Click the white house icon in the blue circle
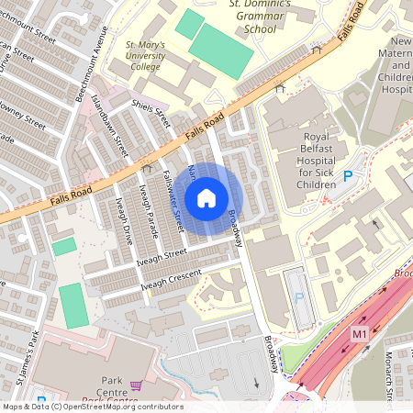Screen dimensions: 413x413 click(x=206, y=198)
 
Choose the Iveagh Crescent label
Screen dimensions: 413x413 click(x=171, y=281)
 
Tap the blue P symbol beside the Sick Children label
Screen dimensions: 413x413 click(x=348, y=175)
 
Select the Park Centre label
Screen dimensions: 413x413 click(x=111, y=385)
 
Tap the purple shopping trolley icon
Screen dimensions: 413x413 click(x=137, y=385)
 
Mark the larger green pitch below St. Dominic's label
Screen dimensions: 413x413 click(x=220, y=50)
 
